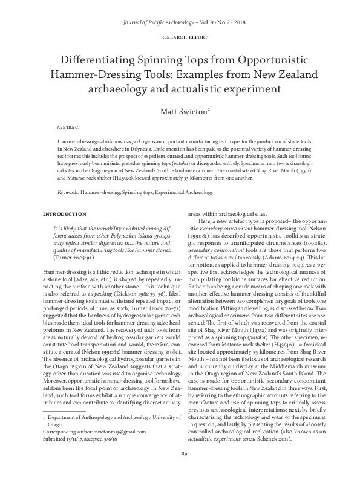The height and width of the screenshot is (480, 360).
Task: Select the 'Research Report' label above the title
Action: click(180, 37)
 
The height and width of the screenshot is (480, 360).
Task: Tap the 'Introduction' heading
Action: click(62, 214)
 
